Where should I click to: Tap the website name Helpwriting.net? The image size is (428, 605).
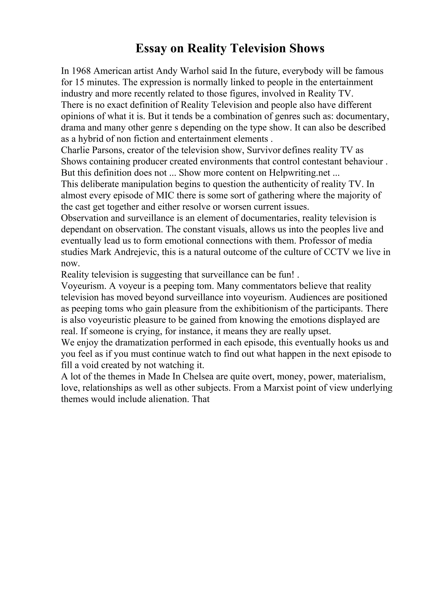(299, 173)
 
